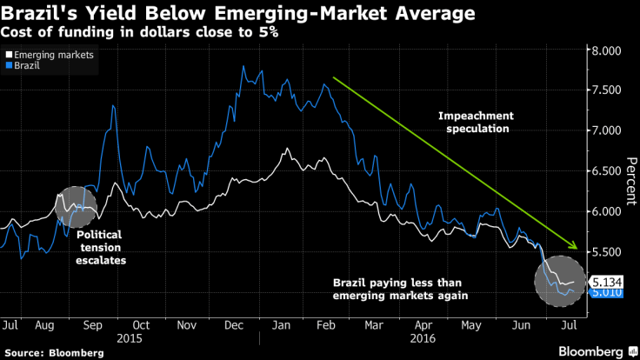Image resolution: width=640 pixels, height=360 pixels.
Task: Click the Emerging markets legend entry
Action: (x=52, y=54)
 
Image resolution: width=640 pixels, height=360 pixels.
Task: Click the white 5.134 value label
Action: (x=603, y=282)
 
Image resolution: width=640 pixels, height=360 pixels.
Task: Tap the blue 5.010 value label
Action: (x=603, y=293)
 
